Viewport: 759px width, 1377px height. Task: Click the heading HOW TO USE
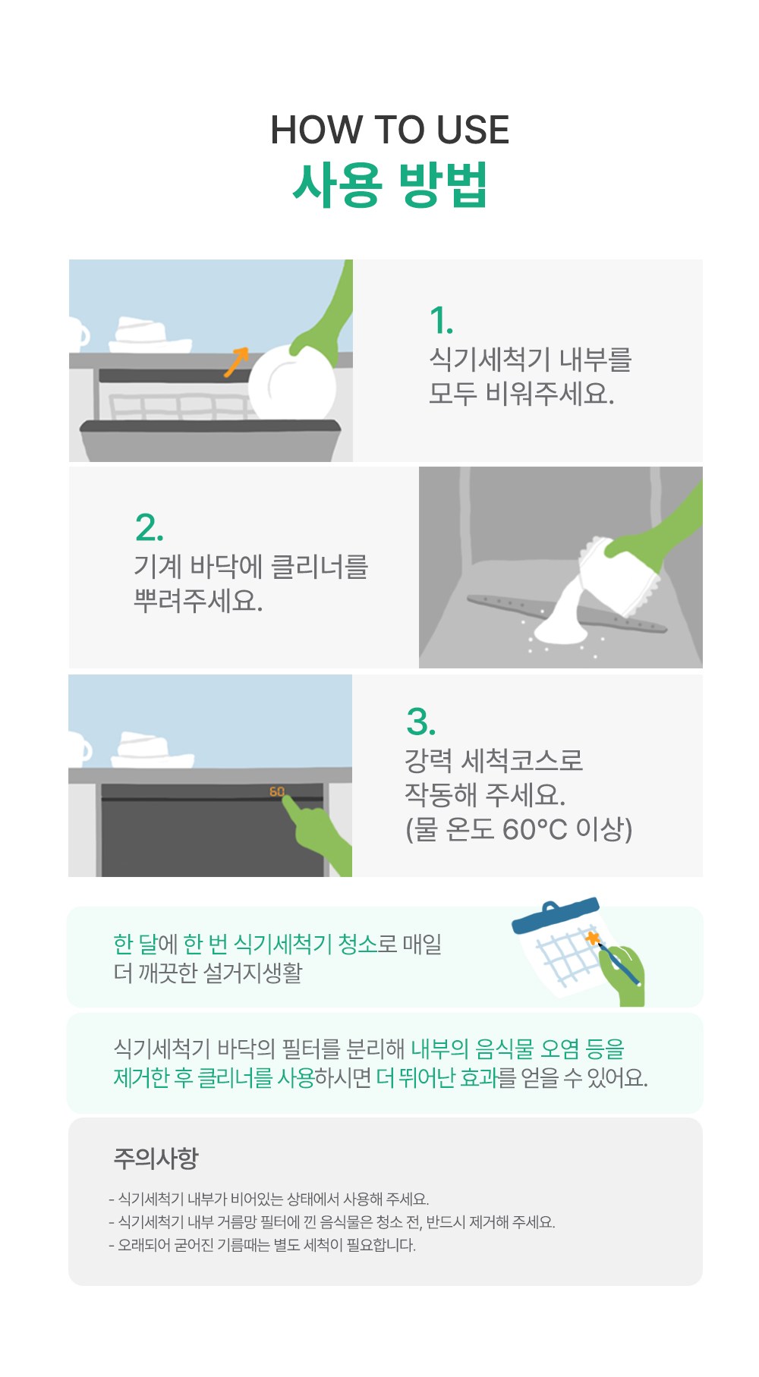pos(389,130)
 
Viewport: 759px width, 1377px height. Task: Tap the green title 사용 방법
pos(389,184)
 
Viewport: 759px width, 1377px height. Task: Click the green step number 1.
pos(441,321)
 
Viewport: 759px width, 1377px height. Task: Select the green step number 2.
pos(149,528)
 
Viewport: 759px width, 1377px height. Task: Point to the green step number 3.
pos(420,722)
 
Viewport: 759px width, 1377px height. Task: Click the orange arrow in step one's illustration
pos(236,362)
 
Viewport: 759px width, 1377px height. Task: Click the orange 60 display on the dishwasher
pos(277,792)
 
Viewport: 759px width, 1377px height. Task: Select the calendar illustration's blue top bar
pos(556,916)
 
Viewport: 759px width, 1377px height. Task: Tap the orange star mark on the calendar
pos(592,938)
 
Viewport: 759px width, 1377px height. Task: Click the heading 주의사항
pos(156,1159)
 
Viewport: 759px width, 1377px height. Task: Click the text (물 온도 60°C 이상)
pos(518,829)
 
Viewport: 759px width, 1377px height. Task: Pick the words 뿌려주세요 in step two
pos(198,601)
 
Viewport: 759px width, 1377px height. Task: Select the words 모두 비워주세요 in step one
pos(521,393)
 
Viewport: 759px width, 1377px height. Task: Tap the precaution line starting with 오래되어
pos(263,1245)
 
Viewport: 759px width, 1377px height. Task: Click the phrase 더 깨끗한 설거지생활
pos(208,973)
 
